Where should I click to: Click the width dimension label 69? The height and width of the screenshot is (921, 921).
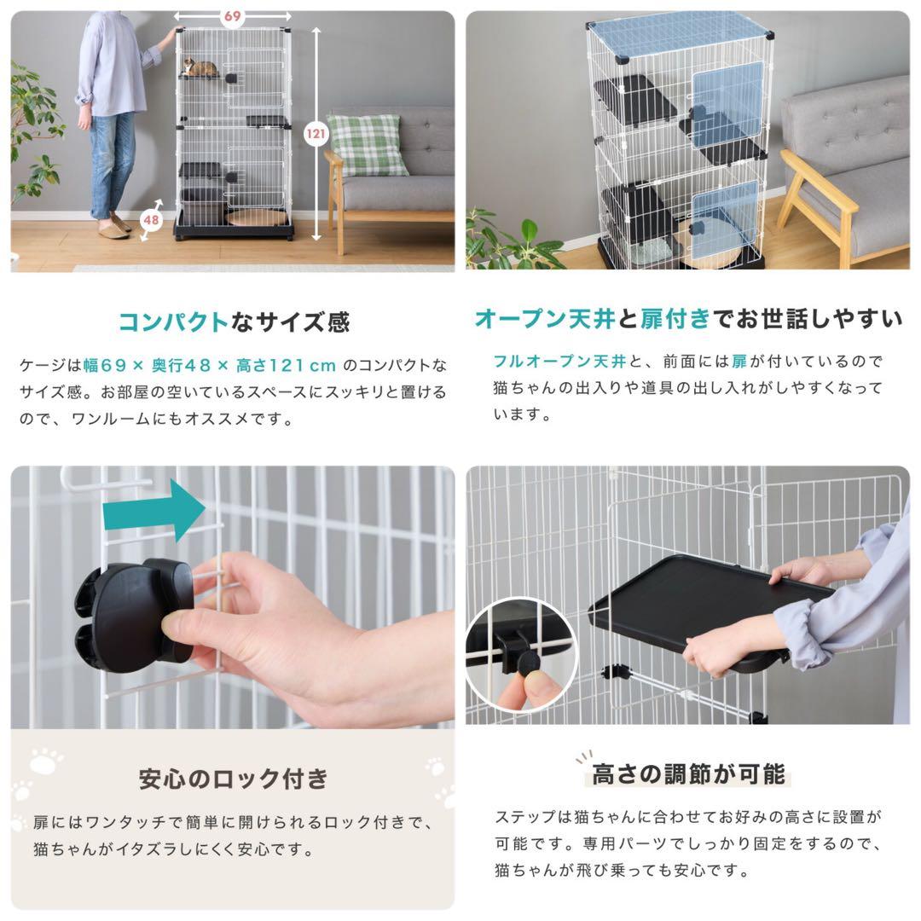[231, 16]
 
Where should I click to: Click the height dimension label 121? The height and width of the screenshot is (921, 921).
[316, 132]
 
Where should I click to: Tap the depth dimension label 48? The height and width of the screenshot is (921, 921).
[151, 218]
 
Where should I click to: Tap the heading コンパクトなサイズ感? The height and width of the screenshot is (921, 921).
[233, 321]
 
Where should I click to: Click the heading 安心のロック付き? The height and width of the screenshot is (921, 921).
[233, 778]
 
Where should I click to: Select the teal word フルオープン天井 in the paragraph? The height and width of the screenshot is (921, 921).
[559, 361]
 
